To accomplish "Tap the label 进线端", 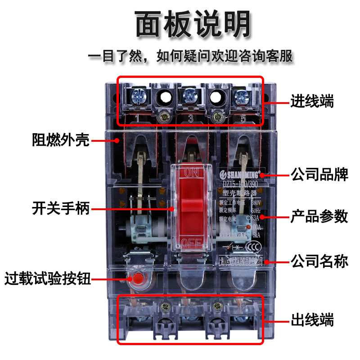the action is coord(311,101).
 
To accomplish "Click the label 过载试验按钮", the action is coord(47,279).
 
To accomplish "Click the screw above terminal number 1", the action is coord(136,96).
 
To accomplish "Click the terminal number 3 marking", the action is coord(190,119).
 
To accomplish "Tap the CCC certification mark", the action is coord(255,247).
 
